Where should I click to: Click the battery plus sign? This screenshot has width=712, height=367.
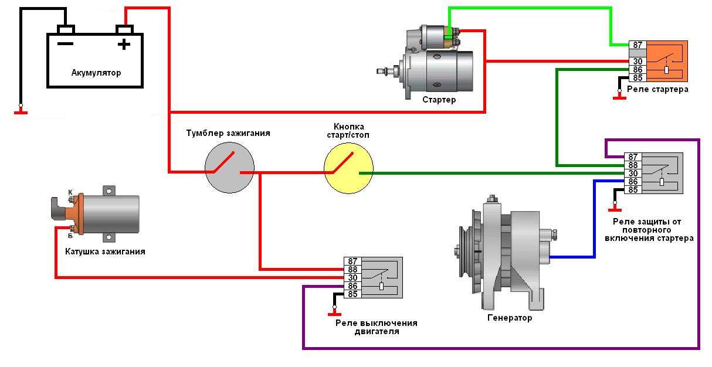124,44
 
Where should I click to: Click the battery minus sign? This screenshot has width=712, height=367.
65,44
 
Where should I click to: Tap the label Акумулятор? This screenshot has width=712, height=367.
96,73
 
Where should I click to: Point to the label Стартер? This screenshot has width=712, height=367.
439,100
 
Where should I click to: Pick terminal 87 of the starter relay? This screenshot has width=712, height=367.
637,45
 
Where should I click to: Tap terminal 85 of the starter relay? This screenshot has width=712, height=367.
637,77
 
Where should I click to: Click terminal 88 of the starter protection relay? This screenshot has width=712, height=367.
633,165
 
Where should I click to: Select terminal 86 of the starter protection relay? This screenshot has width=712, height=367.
633,182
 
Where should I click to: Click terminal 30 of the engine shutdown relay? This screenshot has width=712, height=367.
352,278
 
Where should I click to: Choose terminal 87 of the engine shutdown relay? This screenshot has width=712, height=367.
352,261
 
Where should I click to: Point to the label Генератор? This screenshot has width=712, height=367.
509,318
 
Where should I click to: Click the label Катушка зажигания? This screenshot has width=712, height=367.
105,252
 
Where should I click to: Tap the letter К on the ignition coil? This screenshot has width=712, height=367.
70,192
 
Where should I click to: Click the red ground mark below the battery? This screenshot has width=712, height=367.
21,111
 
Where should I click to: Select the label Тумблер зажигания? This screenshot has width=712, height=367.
228,133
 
